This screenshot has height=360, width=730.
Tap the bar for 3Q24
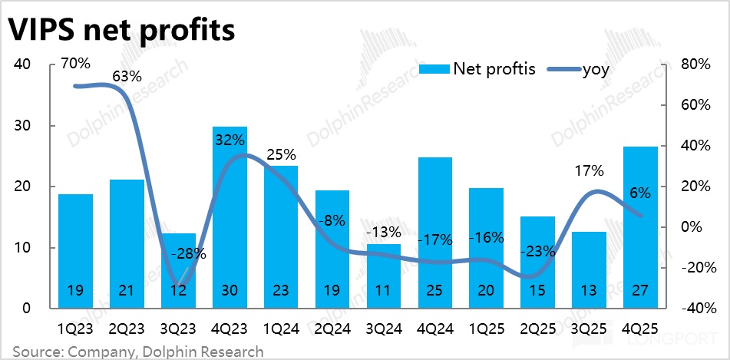click(383, 276)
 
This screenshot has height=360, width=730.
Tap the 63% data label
click(127, 76)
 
